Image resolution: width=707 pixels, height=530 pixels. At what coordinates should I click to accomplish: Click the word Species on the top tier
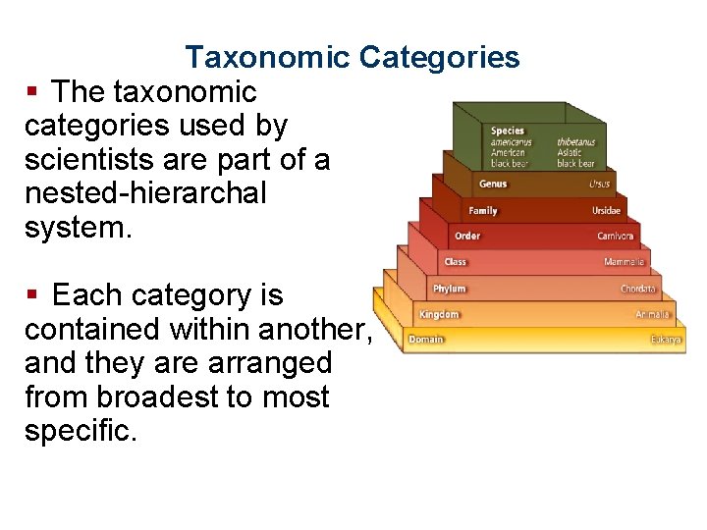pyautogui.click(x=508, y=131)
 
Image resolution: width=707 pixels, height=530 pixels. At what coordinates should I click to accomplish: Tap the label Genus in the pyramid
pyautogui.click(x=493, y=184)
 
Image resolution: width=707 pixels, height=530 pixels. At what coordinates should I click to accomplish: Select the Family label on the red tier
pyautogui.click(x=482, y=210)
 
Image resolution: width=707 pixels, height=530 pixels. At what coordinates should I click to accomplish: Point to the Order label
pyautogui.click(x=467, y=236)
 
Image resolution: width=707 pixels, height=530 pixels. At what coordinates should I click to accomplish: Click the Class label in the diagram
pyautogui.click(x=456, y=262)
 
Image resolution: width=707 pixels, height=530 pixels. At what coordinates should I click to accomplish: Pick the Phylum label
pyautogui.click(x=450, y=289)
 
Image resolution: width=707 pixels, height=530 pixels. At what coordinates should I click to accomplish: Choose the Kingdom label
pyautogui.click(x=439, y=315)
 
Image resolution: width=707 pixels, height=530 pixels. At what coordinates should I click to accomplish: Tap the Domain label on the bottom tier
pyautogui.click(x=426, y=340)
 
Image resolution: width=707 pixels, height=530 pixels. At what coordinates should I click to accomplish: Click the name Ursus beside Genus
pyautogui.click(x=599, y=184)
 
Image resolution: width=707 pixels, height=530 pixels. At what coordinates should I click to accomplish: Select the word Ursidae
pyautogui.click(x=606, y=210)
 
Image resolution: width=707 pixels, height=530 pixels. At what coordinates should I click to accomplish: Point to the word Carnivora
pyautogui.click(x=616, y=236)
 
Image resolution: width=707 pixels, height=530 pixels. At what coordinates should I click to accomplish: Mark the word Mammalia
pyautogui.click(x=625, y=262)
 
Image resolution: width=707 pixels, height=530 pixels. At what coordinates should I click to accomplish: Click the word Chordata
pyautogui.click(x=638, y=289)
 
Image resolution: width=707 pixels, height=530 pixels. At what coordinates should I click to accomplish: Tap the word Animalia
pyautogui.click(x=653, y=315)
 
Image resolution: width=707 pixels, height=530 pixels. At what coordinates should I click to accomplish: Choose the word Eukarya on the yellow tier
pyautogui.click(x=666, y=340)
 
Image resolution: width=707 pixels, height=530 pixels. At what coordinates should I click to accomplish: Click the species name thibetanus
pyautogui.click(x=576, y=142)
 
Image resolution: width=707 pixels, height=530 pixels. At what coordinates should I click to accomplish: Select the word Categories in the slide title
pyautogui.click(x=439, y=58)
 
